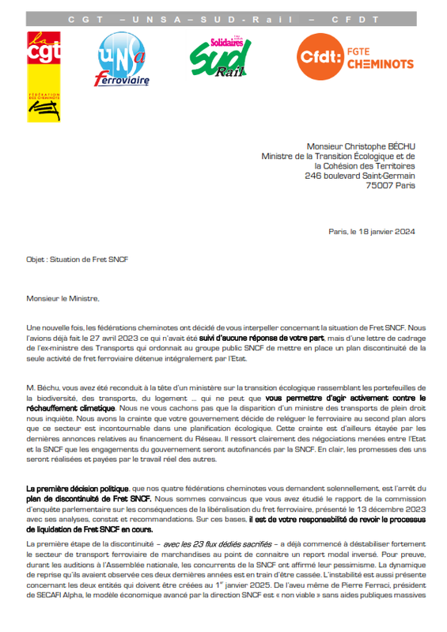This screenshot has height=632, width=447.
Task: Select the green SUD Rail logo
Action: coord(221,58)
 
